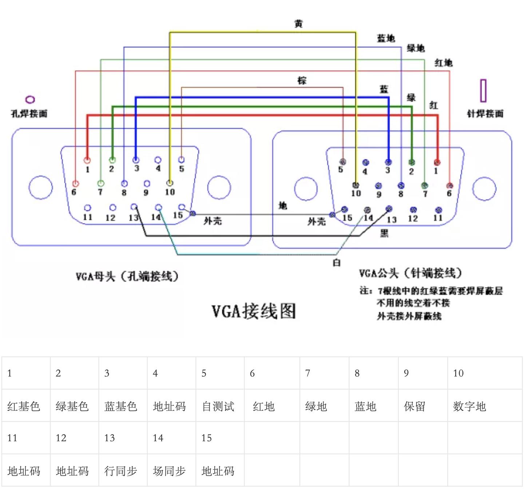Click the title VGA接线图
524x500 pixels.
(254, 311)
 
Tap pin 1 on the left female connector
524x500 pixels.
(87, 160)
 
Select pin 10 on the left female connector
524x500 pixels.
(170, 183)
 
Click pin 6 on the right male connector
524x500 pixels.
(449, 186)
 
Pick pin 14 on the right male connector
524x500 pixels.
(367, 210)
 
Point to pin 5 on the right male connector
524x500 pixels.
(342, 162)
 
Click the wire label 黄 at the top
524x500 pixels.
(298, 24)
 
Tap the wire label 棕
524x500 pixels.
(302, 80)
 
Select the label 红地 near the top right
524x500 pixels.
(443, 63)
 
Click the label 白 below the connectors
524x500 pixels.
(337, 263)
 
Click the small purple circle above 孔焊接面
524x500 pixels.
(30, 100)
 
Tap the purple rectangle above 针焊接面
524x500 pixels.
(483, 91)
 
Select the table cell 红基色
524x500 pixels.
(24, 406)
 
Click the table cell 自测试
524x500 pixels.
(218, 406)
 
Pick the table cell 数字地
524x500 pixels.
(469, 406)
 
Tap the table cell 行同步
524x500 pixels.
(120, 471)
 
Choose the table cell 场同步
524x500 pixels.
(169, 471)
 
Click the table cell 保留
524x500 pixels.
(414, 406)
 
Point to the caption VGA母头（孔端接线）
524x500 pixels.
(127, 277)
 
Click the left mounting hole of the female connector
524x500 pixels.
(41, 187)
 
